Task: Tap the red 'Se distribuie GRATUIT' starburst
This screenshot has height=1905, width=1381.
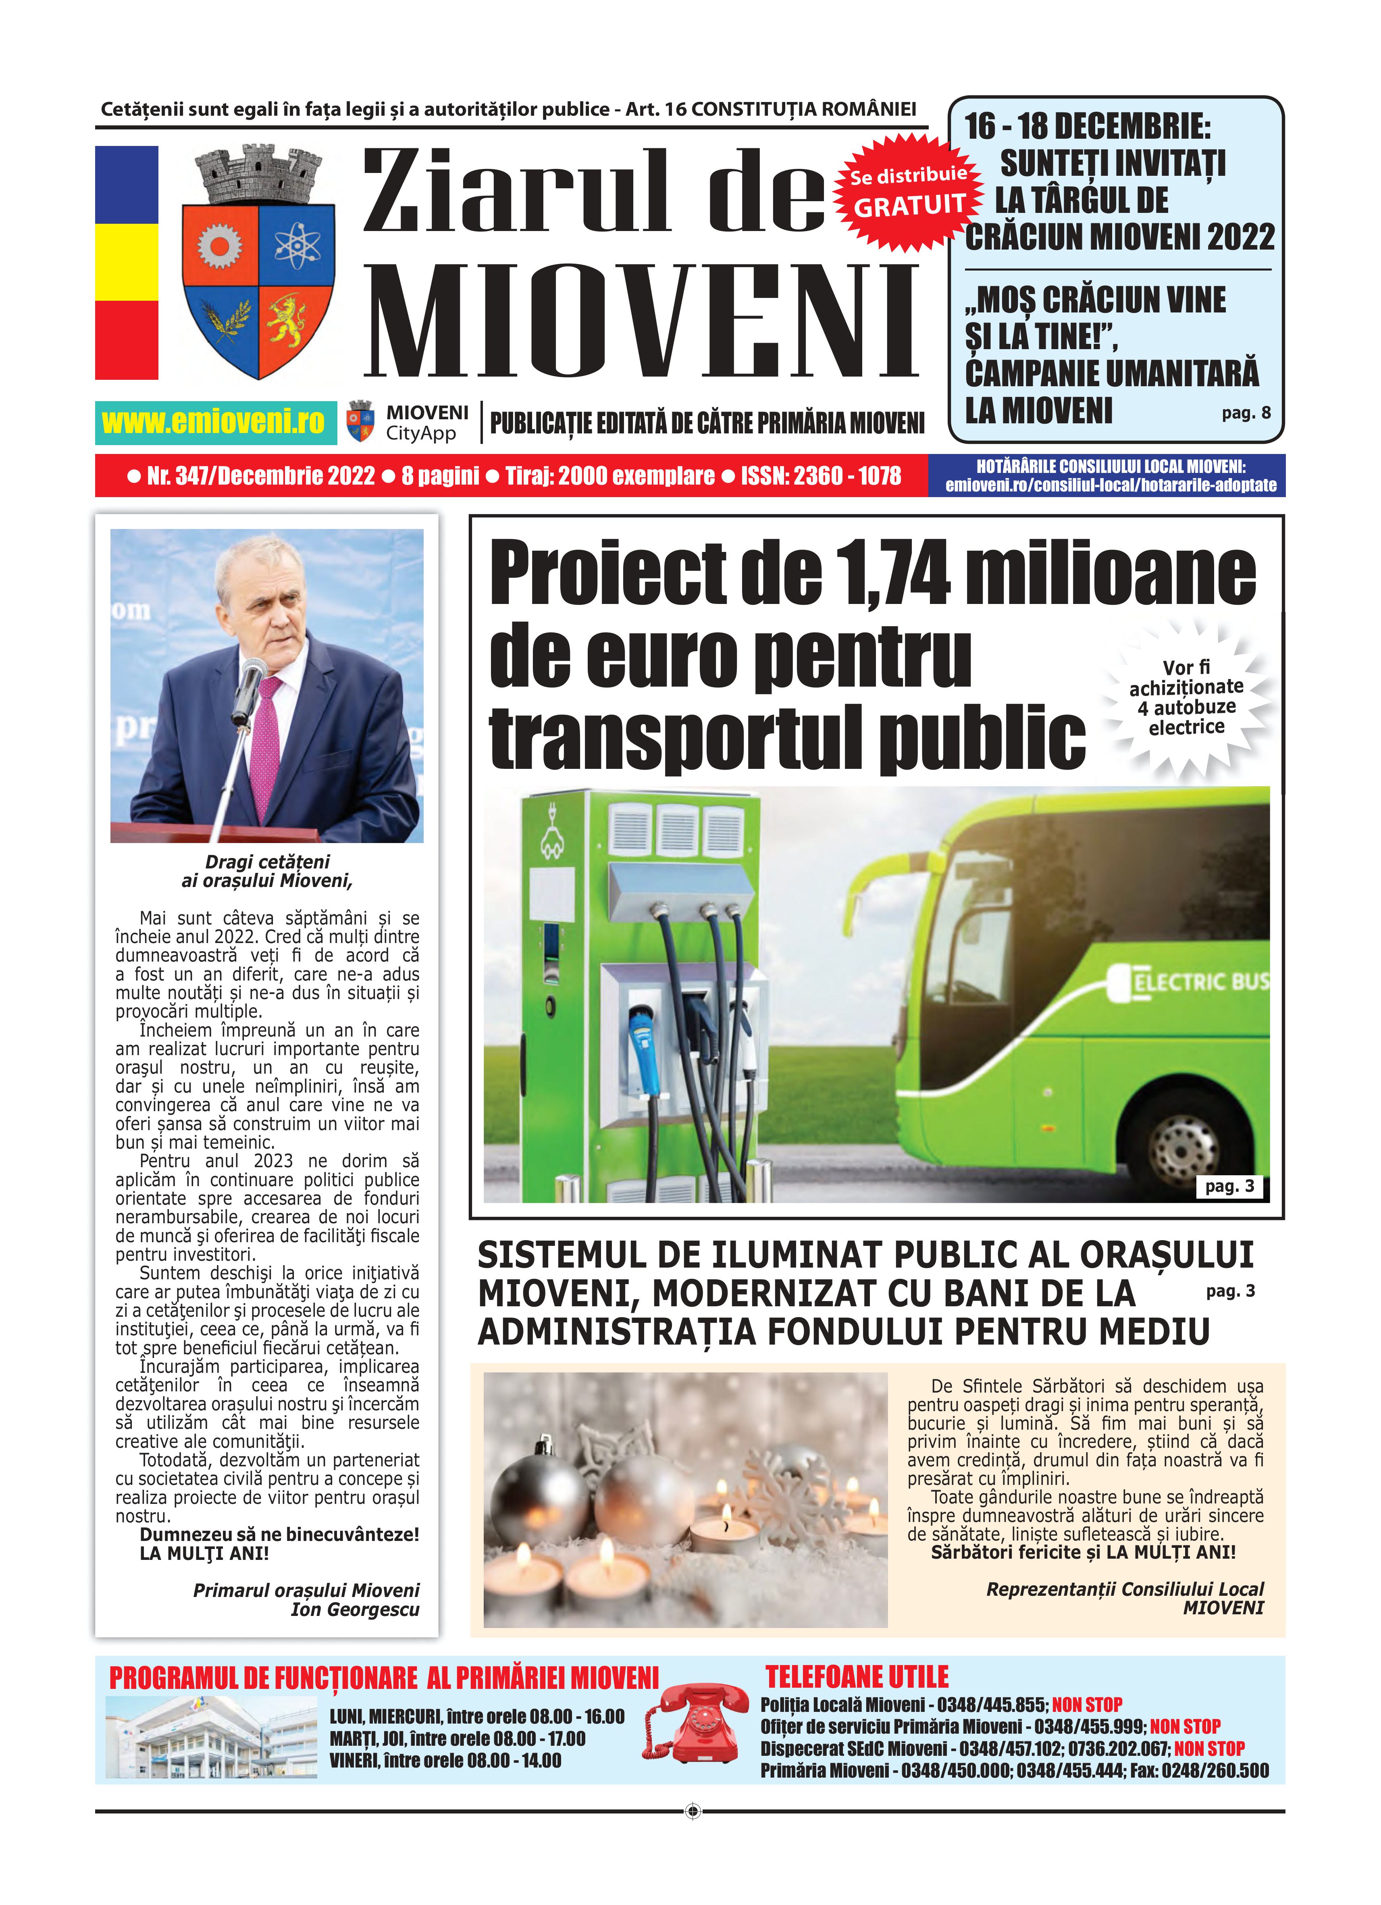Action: [908, 192]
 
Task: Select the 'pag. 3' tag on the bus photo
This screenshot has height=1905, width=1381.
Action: [1229, 1186]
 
